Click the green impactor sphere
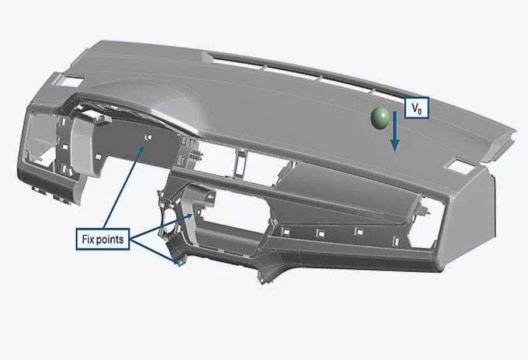(x=380, y=118)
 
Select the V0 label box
(x=417, y=108)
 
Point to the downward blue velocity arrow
(x=395, y=131)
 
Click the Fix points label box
(x=102, y=239)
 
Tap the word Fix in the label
(x=88, y=239)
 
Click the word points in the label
(x=110, y=239)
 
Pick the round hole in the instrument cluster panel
(x=148, y=137)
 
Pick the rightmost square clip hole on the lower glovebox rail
(x=396, y=241)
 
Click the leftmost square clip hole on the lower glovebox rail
(x=286, y=231)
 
